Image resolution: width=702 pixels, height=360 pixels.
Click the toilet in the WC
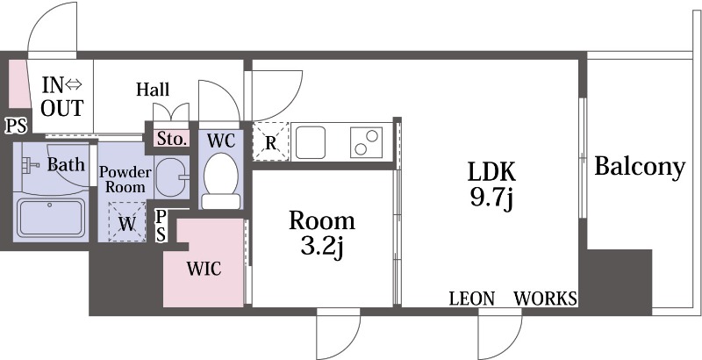coord(221,181)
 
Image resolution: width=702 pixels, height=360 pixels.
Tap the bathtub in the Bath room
coord(51,217)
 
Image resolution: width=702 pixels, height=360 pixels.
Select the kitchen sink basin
coord(311,142)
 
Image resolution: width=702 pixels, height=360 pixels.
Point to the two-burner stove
coord(366,142)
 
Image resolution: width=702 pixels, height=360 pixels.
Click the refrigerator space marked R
coord(270,141)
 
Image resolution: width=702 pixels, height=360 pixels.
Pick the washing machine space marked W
coord(127,222)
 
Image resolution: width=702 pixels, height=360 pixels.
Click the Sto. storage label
coord(171,139)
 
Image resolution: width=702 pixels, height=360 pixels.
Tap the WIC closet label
coord(204,269)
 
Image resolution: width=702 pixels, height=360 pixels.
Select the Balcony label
coord(640,168)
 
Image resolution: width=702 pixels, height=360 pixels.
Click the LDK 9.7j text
coord(491,185)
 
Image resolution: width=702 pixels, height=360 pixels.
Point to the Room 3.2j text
coord(322,234)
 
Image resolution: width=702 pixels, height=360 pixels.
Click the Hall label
coord(153,89)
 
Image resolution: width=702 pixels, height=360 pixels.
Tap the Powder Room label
coord(125,179)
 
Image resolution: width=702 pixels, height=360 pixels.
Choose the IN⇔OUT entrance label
coord(62,97)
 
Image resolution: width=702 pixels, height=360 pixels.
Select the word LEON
coord(472,299)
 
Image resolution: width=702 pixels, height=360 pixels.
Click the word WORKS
coord(545,299)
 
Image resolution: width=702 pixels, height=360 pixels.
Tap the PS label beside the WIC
coord(161,226)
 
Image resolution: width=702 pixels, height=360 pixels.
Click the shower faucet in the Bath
coord(30,165)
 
